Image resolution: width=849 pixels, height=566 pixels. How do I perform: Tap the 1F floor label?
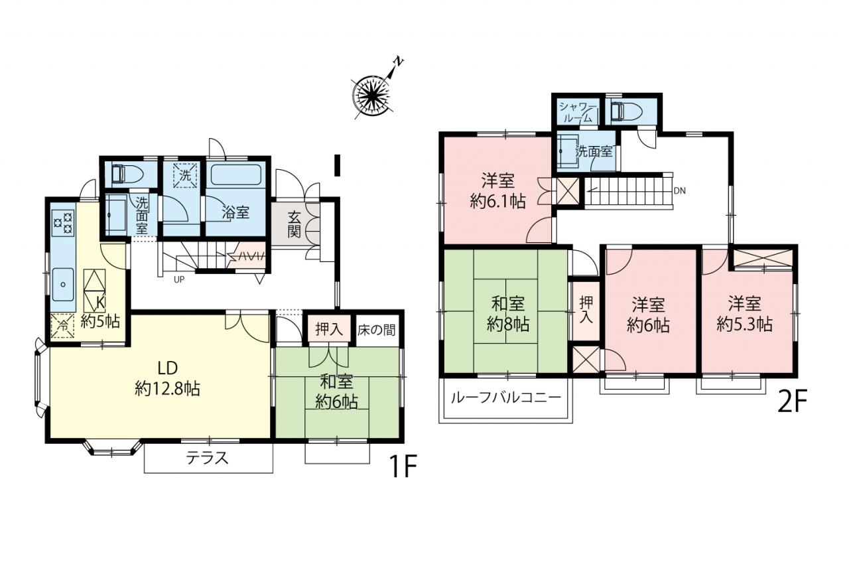pyautogui.click(x=403, y=466)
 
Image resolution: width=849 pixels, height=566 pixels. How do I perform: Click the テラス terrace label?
pyautogui.click(x=208, y=458)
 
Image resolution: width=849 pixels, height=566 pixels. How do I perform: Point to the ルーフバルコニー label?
pyautogui.click(x=506, y=397)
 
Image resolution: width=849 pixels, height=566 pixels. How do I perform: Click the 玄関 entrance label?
pyautogui.click(x=294, y=224)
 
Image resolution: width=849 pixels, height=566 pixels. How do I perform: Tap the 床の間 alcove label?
pyautogui.click(x=376, y=330)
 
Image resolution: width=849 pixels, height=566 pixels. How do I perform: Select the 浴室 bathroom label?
pyautogui.click(x=235, y=213)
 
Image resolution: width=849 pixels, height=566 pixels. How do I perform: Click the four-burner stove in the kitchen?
pyautogui.click(x=63, y=223)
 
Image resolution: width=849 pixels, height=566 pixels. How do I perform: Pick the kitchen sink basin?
pyautogui.click(x=63, y=284)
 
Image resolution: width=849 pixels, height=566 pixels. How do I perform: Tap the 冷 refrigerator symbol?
pyautogui.click(x=62, y=326)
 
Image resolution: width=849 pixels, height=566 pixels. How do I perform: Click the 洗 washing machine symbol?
pyautogui.click(x=185, y=175)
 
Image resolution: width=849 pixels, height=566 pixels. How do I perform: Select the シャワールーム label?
pyautogui.click(x=578, y=112)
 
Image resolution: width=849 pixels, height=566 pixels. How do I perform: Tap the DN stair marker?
pyautogui.click(x=680, y=191)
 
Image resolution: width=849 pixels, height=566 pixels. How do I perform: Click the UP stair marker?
pyautogui.click(x=179, y=280)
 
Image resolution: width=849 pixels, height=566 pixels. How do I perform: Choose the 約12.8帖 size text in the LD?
pyautogui.click(x=168, y=388)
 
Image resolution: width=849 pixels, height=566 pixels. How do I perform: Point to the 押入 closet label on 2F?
pyautogui.click(x=586, y=310)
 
